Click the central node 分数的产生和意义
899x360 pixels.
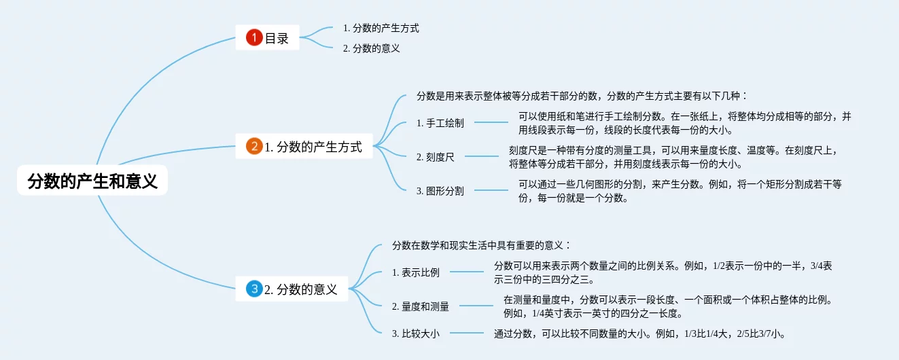click(92, 181)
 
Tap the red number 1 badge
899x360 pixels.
click(254, 38)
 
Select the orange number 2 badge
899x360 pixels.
click(254, 146)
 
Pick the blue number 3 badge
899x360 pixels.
click(254, 289)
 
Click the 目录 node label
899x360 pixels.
click(277, 38)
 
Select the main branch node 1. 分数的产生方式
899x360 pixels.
click(313, 146)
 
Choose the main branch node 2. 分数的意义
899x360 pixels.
click(300, 289)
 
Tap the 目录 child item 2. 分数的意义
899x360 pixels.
click(371, 48)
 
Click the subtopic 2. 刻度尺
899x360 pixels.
click(436, 157)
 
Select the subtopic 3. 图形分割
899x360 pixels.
click(440, 191)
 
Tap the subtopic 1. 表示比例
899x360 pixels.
click(416, 272)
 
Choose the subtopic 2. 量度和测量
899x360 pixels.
click(421, 306)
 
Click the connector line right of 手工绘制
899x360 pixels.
click(491, 123)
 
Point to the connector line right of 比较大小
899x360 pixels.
click(467, 334)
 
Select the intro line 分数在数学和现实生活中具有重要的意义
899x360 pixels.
click(482, 245)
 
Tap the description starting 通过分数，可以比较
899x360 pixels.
click(640, 334)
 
